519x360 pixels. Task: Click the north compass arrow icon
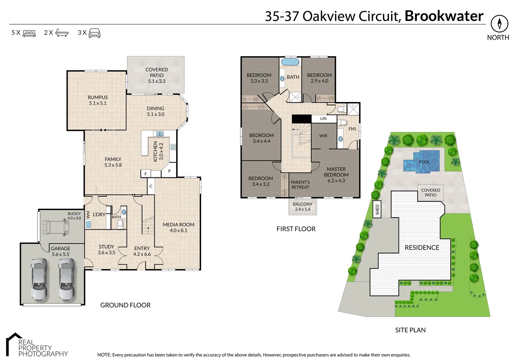[x=500, y=24]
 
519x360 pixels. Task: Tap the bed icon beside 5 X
[x=29, y=33]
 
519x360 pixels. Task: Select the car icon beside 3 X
[x=95, y=33]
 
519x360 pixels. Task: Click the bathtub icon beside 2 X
[x=62, y=33]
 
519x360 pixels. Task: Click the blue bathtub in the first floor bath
[x=290, y=62]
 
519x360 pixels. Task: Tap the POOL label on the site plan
[x=424, y=162]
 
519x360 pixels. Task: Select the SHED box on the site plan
[x=377, y=209]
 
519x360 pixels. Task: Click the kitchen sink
[x=160, y=133]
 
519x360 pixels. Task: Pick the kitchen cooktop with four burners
[x=173, y=146]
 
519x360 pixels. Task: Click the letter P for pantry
[x=169, y=171]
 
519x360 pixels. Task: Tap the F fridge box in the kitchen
[x=146, y=174]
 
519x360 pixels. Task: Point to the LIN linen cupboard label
[x=323, y=119]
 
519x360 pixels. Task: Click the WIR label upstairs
[x=323, y=136]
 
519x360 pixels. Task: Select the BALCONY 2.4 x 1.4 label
[x=303, y=207]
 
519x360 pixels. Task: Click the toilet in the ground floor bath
[x=120, y=224]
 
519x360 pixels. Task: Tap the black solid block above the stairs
[x=301, y=119]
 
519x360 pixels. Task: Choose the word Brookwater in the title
[x=444, y=16]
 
